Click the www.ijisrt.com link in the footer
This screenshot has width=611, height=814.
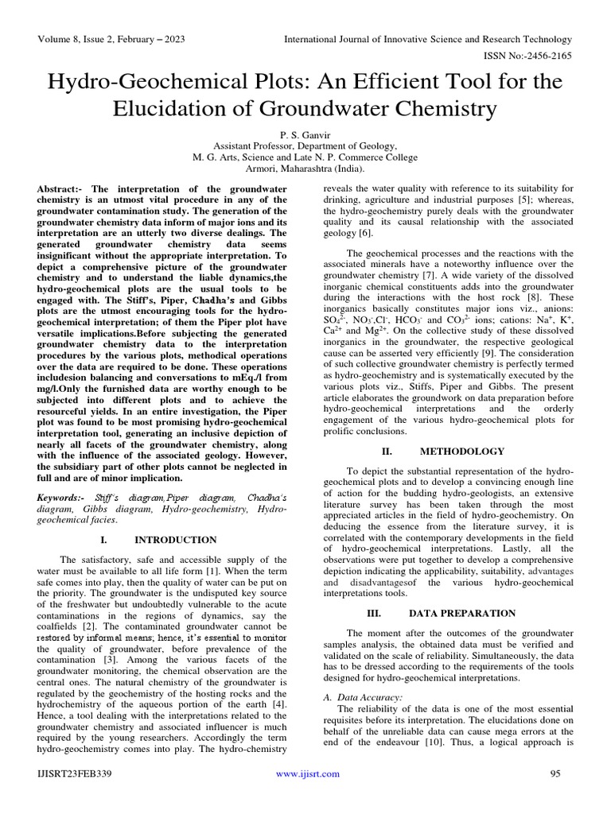click(x=307, y=773)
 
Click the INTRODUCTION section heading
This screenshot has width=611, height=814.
click(x=175, y=540)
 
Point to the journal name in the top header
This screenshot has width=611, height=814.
click(x=429, y=39)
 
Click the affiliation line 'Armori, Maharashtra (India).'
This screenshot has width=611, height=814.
click(x=305, y=169)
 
